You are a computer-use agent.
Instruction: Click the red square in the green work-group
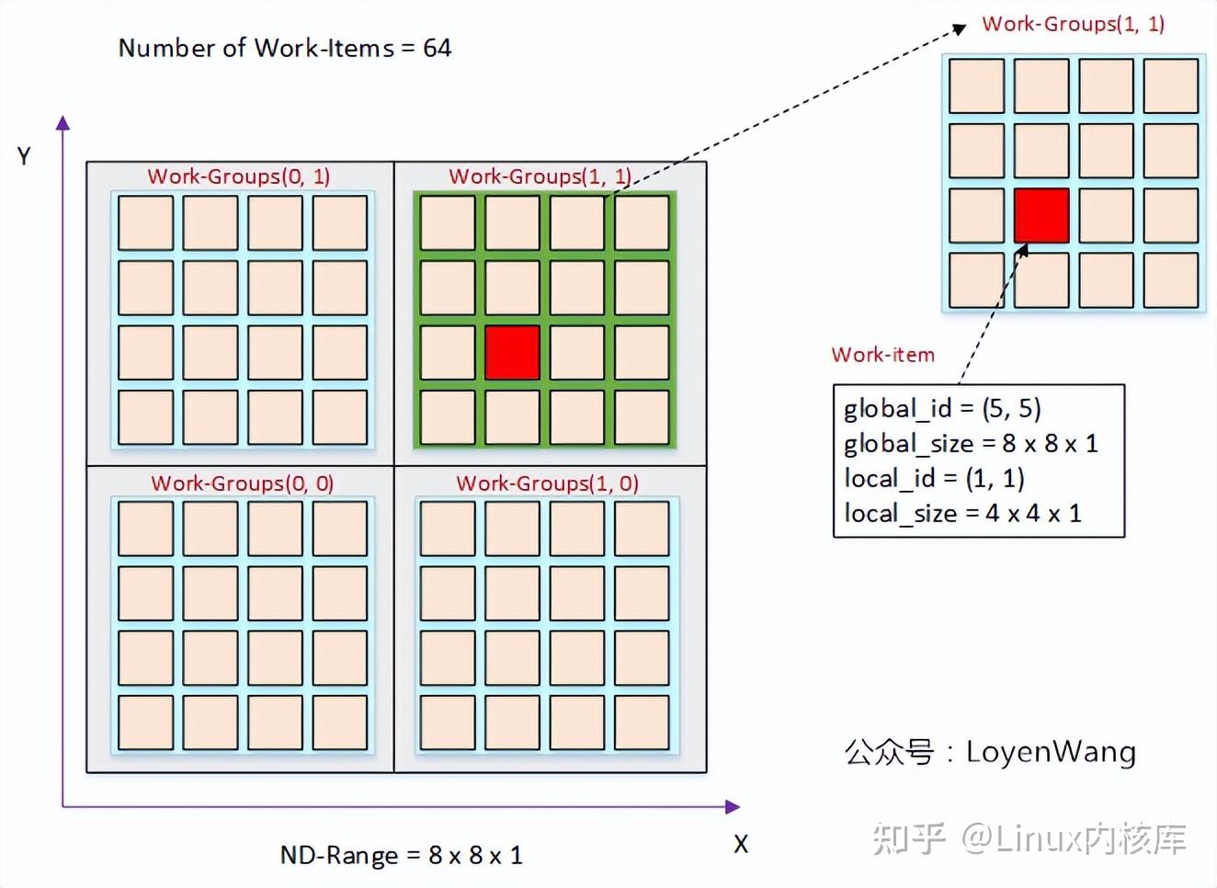(x=512, y=352)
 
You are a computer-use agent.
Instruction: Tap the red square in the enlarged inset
(x=1041, y=216)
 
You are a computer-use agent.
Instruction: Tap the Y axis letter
(x=24, y=156)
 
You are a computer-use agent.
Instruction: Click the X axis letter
(x=741, y=844)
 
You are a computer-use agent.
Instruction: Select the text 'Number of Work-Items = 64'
(x=285, y=48)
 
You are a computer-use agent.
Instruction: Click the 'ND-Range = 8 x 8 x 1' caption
(x=402, y=856)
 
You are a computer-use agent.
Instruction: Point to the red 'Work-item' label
(x=882, y=355)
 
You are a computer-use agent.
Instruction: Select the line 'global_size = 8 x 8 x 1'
(x=971, y=444)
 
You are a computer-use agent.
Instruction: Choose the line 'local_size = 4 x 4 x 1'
(x=962, y=514)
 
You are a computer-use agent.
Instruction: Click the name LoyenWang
(x=1051, y=752)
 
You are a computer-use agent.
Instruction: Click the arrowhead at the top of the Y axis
(x=63, y=122)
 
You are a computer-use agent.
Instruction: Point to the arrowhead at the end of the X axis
(x=733, y=807)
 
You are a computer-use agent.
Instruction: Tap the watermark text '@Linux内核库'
(x=1074, y=838)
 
